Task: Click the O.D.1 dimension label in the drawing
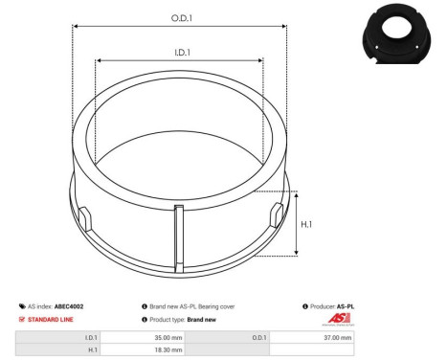tap(179, 17)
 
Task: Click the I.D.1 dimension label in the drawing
tap(179, 53)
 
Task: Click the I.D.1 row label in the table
tap(91, 337)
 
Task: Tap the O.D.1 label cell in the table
tap(261, 337)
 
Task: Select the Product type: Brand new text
tap(184, 319)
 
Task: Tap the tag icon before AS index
tap(21, 306)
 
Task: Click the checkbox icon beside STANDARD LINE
tap(21, 319)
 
